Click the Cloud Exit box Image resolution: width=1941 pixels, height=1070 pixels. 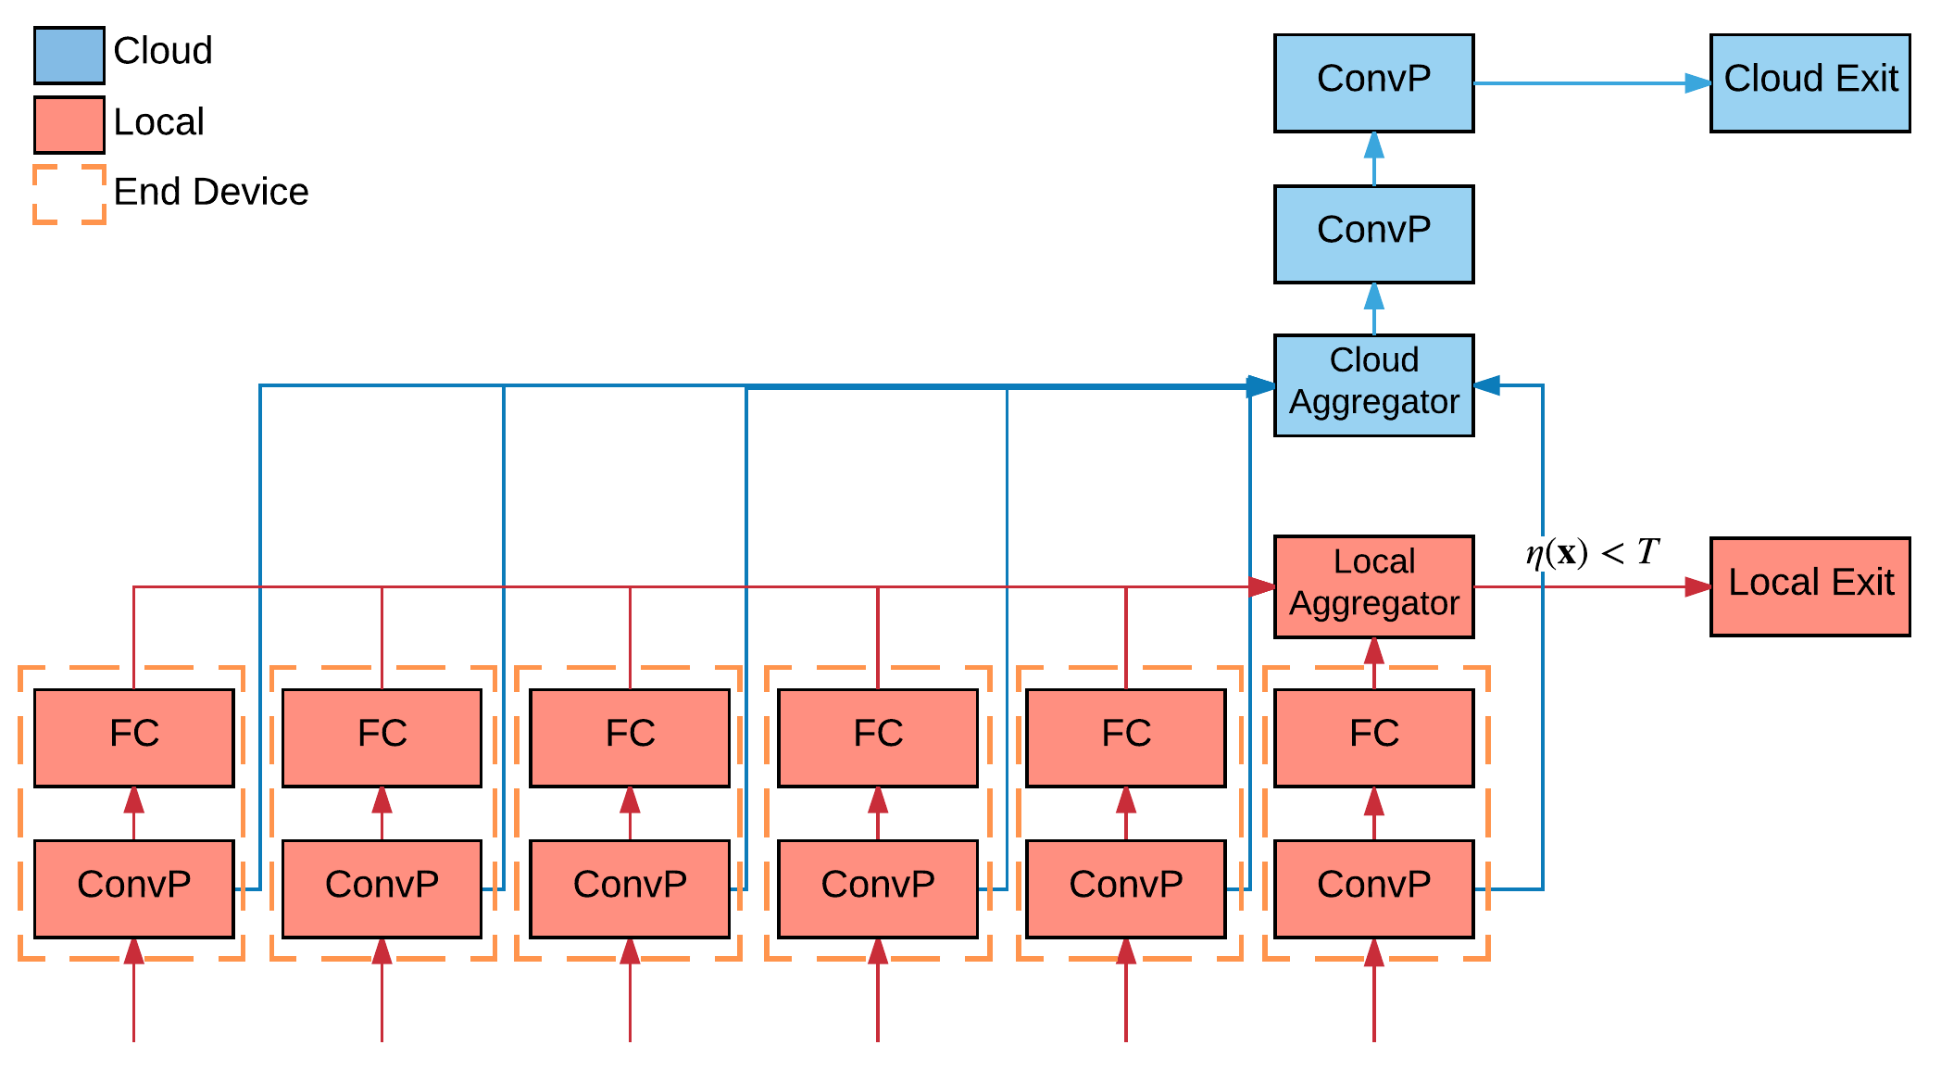coord(1810,82)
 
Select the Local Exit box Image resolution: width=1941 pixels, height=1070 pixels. coord(1810,585)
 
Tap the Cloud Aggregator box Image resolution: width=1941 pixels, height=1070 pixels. coord(1373,384)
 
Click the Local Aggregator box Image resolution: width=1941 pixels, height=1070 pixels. coord(1373,585)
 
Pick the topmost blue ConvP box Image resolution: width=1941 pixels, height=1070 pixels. coord(1373,82)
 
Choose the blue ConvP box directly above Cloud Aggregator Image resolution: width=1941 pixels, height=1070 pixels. coord(1373,233)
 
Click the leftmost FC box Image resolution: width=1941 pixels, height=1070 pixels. coord(133,736)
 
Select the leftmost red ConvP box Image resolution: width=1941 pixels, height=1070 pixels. coord(133,887)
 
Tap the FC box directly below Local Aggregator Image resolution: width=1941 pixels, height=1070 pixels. coord(1373,736)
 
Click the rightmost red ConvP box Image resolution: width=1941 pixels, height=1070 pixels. coord(1373,887)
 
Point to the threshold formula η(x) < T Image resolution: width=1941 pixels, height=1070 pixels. coord(1592,553)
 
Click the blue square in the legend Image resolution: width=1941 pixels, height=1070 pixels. coord(69,56)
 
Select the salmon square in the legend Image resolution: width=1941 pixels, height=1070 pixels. coord(69,124)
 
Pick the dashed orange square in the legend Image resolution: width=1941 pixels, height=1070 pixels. coord(69,195)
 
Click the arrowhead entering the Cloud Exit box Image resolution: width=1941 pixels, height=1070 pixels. coord(1697,83)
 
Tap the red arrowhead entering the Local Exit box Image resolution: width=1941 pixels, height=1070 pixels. coord(1697,586)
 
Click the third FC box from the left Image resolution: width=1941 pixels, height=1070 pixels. coord(630,736)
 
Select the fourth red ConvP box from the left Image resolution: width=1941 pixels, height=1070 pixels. coord(878,887)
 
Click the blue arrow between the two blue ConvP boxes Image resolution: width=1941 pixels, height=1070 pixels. coord(1373,158)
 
